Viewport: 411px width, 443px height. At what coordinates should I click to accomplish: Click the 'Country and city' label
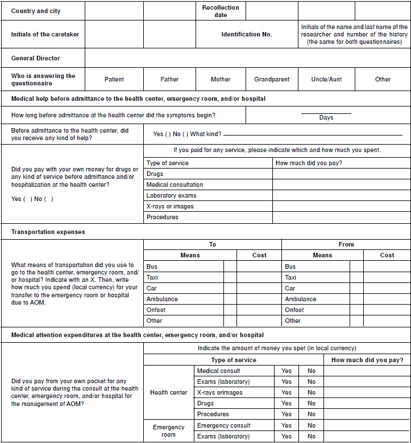[x=36, y=11]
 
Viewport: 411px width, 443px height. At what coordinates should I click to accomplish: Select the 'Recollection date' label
[x=221, y=11]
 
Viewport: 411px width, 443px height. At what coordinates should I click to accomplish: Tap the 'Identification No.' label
[x=247, y=34]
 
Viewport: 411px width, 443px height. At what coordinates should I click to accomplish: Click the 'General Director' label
[x=35, y=58]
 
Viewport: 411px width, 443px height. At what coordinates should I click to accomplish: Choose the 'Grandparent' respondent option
[x=272, y=79]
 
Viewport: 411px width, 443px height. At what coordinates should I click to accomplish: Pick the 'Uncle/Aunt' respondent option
[x=327, y=79]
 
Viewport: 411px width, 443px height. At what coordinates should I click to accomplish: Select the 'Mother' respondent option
[x=221, y=79]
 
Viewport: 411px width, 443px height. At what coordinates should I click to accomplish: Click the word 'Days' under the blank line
[x=326, y=117]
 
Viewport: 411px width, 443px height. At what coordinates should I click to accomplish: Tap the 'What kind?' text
[x=206, y=134]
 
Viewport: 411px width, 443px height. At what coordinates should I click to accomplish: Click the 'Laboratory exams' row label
[x=171, y=195]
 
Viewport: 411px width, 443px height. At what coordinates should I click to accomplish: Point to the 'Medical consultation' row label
[x=175, y=184]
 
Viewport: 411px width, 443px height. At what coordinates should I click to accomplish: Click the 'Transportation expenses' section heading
[x=48, y=232]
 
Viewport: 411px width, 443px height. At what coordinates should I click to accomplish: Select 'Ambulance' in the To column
[x=162, y=299]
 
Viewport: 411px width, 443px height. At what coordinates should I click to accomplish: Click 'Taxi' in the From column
[x=290, y=277]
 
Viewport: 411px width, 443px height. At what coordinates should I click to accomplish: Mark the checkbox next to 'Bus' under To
[x=230, y=266]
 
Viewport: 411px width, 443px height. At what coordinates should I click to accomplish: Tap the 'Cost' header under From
[x=387, y=255]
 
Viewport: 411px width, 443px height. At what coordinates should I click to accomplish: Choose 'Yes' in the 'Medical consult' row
[x=287, y=371]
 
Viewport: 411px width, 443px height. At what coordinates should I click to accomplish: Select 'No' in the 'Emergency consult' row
[x=312, y=425]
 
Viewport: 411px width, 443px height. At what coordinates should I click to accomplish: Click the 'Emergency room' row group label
[x=169, y=430]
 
